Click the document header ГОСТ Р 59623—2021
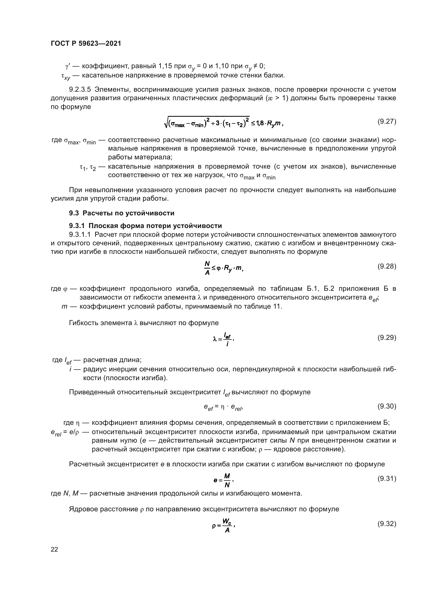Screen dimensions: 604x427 pos(86,44)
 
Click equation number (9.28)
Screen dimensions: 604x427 pos(386,266)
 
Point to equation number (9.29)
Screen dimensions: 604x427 pos(386,338)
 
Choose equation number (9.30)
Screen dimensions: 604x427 pos(386,406)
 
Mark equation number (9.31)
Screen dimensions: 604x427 pos(386,479)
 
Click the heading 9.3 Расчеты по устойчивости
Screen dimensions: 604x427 pos(122,213)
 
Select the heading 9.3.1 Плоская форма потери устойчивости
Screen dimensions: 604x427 pos(145,226)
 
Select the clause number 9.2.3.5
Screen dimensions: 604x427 pos(80,90)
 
